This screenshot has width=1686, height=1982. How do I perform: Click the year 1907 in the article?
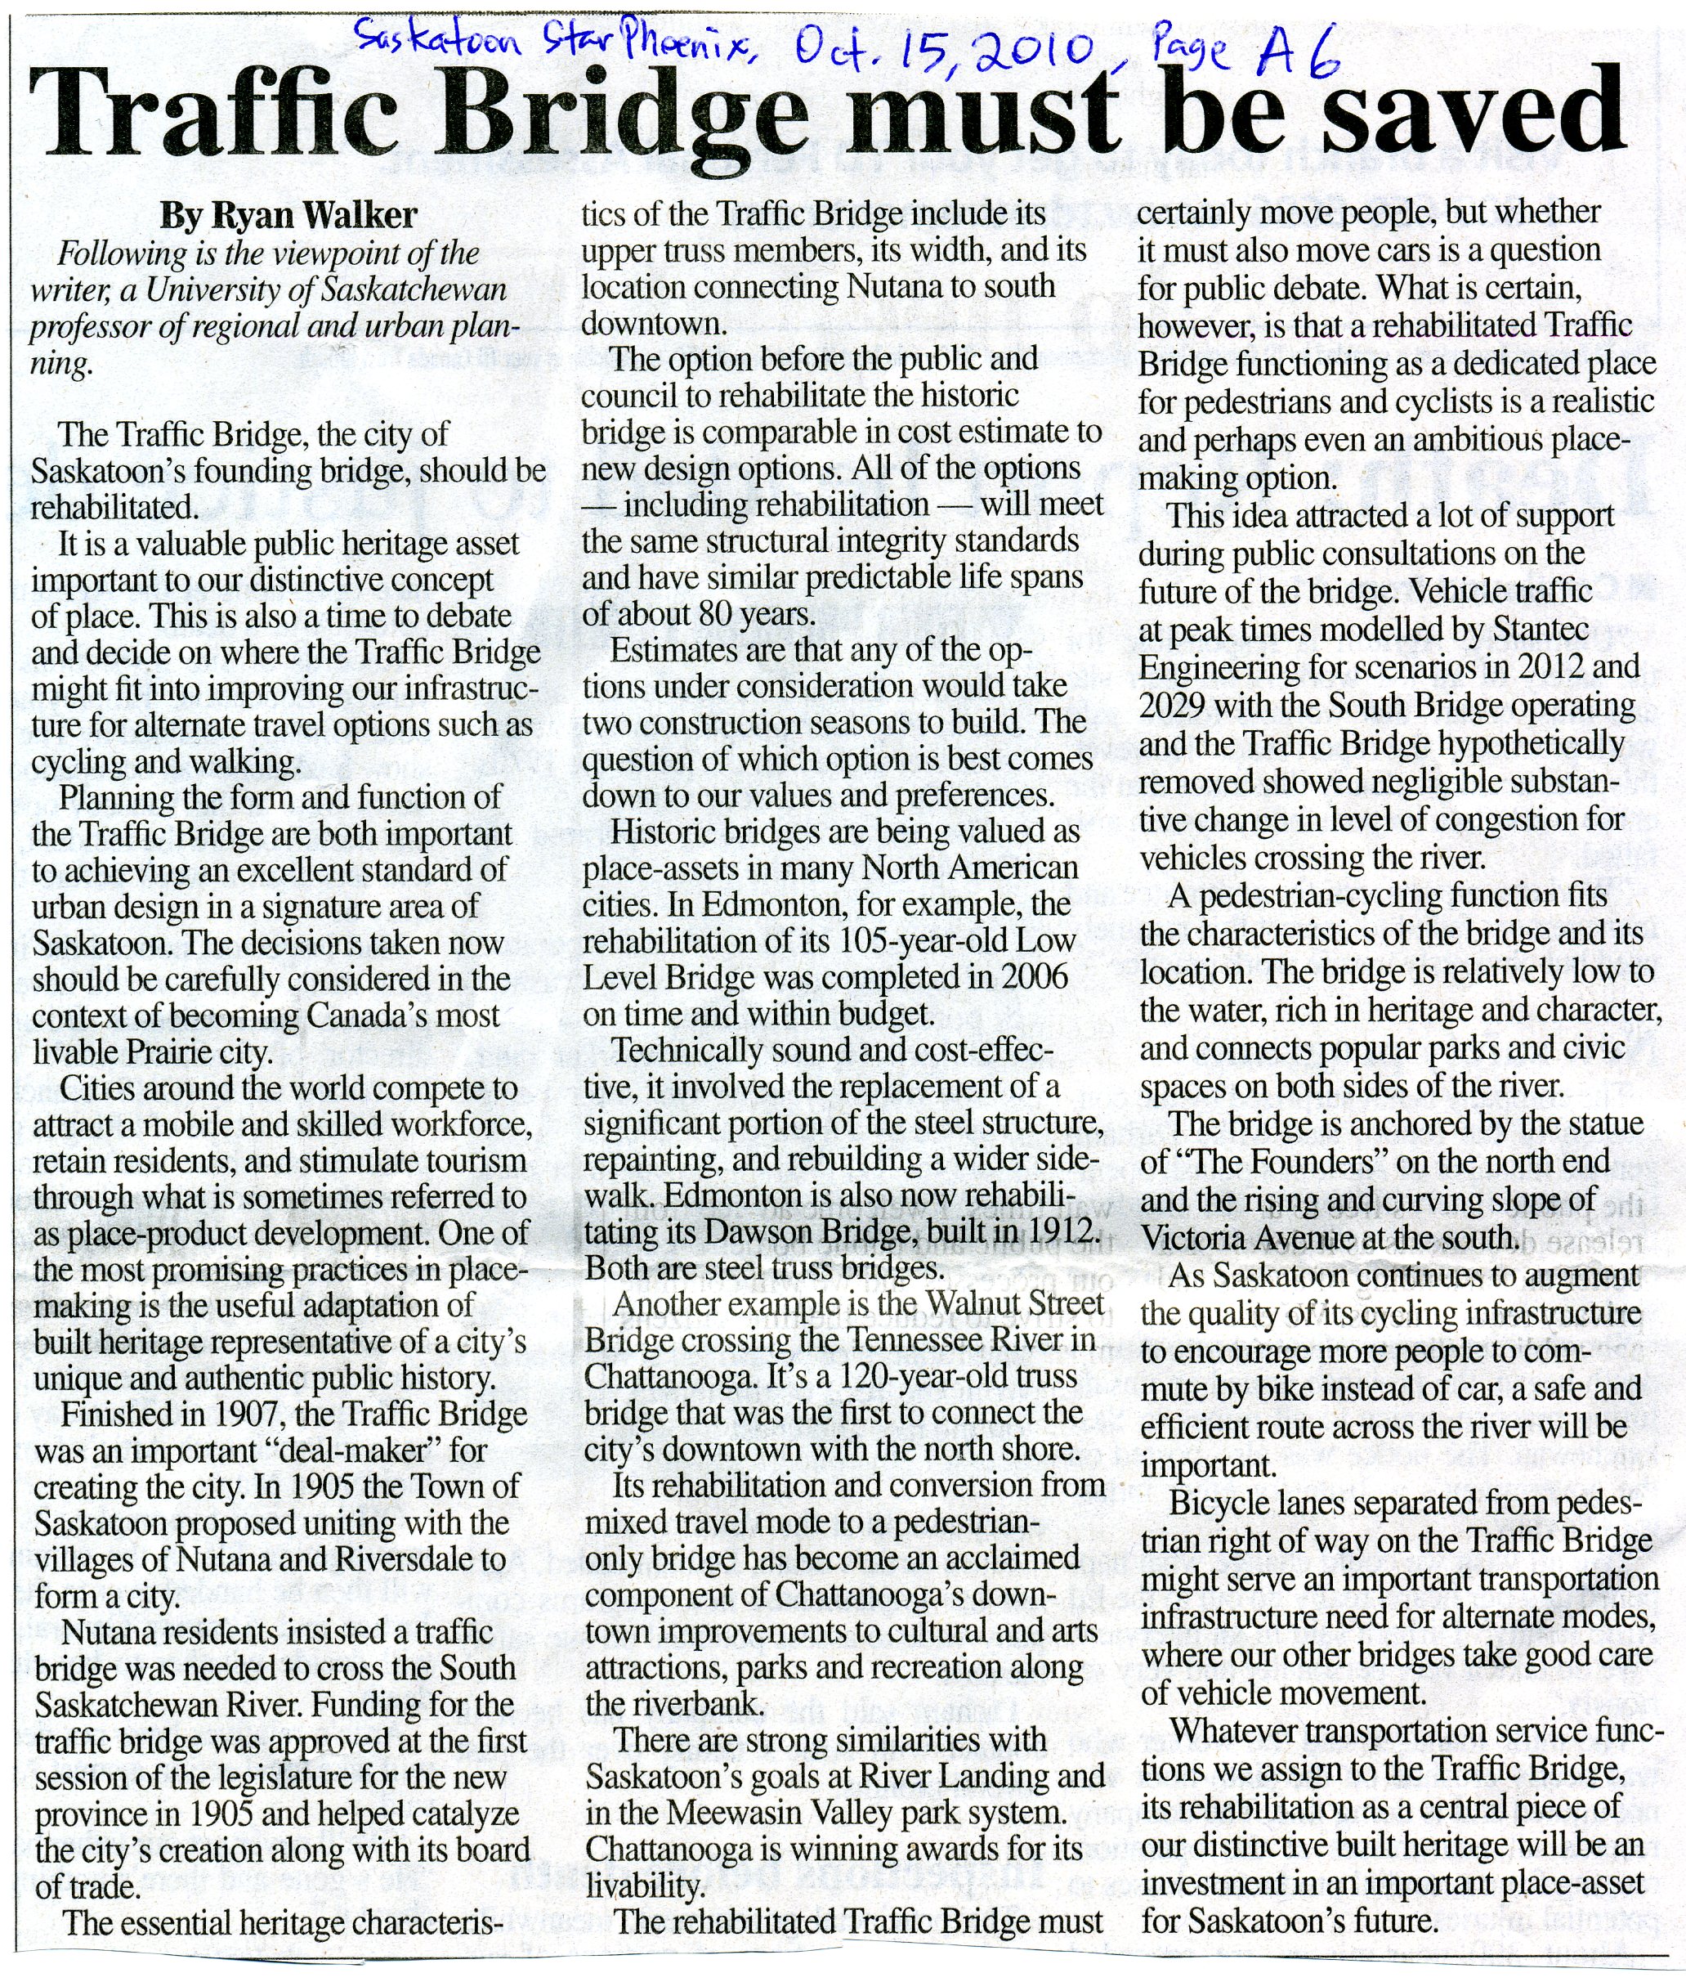(221, 1414)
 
